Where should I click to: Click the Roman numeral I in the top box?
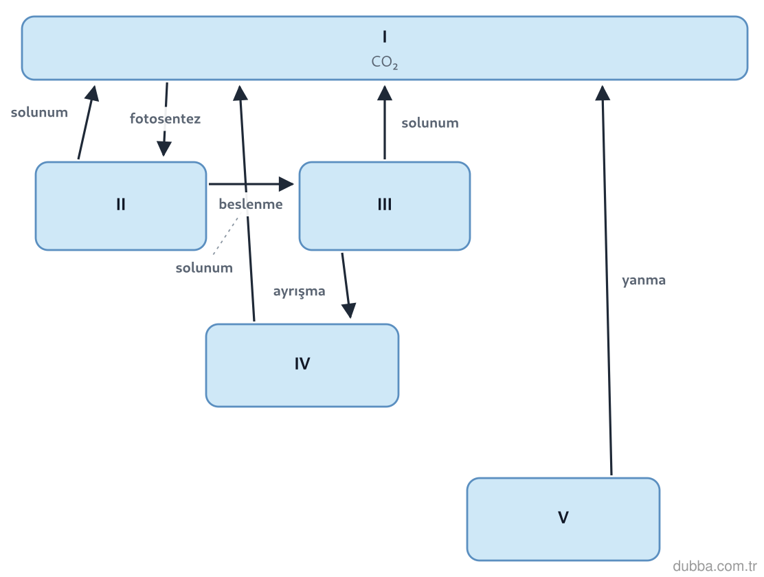pos(385,36)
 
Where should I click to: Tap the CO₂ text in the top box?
pos(385,62)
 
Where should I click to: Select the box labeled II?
pos(121,205)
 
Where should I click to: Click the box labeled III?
pos(385,205)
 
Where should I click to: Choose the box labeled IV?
pos(302,365)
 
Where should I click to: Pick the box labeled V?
pos(563,519)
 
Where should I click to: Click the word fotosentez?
pos(165,118)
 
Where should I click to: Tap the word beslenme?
pos(251,204)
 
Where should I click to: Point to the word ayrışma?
pos(299,291)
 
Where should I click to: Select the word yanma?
pos(644,280)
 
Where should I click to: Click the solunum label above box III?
pos(430,123)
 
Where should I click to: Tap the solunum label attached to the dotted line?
pos(204,267)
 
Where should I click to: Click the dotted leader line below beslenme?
pos(227,235)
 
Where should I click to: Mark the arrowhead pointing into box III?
pos(286,183)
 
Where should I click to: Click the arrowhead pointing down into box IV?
pos(349,310)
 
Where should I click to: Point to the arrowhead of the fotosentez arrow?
pos(164,149)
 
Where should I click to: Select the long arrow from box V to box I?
pos(607,280)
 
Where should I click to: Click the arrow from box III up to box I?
pos(385,122)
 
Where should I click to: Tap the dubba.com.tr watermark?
pos(715,566)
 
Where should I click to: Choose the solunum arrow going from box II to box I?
pos(87,122)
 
